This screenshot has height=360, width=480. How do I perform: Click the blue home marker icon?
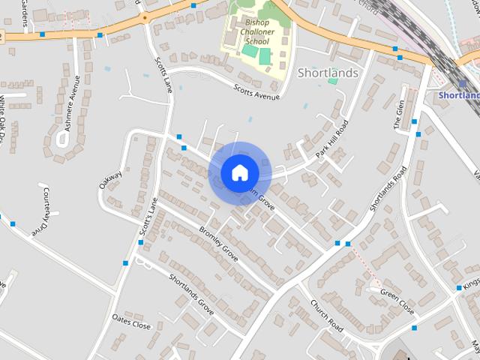(239, 172)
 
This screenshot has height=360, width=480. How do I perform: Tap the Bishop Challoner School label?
(256, 32)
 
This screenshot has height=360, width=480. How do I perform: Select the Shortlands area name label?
(328, 73)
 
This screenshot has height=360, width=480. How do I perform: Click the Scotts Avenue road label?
(256, 92)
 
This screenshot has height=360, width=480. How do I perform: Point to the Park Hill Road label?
(332, 138)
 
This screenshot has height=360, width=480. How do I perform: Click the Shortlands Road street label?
(388, 187)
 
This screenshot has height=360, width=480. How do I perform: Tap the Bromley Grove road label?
(218, 244)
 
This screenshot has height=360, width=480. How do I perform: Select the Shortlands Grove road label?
(191, 293)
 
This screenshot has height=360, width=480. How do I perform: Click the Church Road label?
(326, 316)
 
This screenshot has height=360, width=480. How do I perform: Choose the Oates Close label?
(131, 322)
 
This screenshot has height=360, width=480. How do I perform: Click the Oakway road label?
(109, 178)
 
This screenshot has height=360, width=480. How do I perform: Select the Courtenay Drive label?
(40, 213)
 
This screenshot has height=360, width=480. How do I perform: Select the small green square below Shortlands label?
(332, 80)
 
